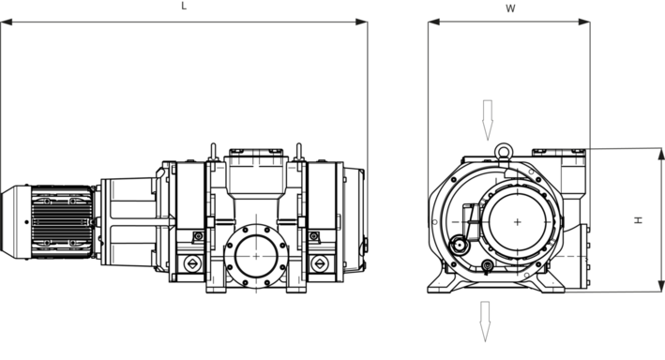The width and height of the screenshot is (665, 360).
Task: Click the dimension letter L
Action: (184, 7)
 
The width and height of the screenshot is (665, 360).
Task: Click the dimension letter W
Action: (509, 7)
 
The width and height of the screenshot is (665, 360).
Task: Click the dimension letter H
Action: (641, 219)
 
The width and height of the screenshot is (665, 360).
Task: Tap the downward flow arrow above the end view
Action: (486, 119)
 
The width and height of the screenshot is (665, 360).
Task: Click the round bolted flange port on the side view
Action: (256, 254)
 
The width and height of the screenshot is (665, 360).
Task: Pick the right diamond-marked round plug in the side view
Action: (320, 264)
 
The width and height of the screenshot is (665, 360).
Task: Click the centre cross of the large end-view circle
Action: (518, 220)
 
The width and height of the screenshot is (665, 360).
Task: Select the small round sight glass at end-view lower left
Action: (460, 246)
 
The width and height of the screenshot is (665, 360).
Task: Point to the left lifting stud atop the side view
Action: (214, 150)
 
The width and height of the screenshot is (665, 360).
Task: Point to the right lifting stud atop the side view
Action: (300, 150)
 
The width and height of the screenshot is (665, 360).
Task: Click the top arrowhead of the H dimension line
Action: (654, 151)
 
